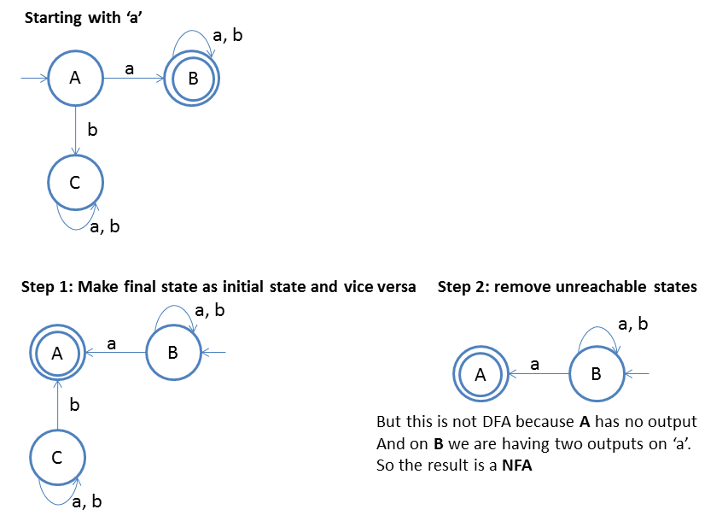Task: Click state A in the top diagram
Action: pyautogui.click(x=75, y=79)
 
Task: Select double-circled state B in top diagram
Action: pyautogui.click(x=193, y=79)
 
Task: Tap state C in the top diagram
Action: pyautogui.click(x=75, y=181)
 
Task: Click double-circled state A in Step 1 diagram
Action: pyautogui.click(x=57, y=351)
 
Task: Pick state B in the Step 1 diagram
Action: pyautogui.click(x=172, y=351)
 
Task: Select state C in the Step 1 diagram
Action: pyautogui.click(x=57, y=458)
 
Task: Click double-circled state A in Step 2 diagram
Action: pyautogui.click(x=480, y=373)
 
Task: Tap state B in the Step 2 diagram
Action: pyautogui.click(x=597, y=373)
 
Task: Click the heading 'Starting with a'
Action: pyautogui.click(x=82, y=18)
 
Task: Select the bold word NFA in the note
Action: pyautogui.click(x=516, y=466)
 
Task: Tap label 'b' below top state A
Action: pyautogui.click(x=93, y=131)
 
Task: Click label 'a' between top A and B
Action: pyautogui.click(x=129, y=68)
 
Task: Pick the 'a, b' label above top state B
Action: pyautogui.click(x=228, y=36)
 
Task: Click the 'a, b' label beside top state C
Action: pyautogui.click(x=105, y=226)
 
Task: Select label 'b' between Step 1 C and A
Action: pyautogui.click(x=74, y=405)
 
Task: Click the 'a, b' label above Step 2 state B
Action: pyautogui.click(x=632, y=324)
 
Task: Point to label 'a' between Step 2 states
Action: pyautogui.click(x=535, y=364)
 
